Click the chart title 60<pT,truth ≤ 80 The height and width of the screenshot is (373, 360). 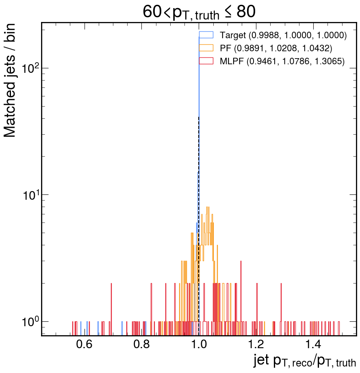[199, 12]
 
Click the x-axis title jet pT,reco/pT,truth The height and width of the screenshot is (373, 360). [305, 361]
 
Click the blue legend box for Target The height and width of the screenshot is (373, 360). [206, 35]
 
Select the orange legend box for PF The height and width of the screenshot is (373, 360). [206, 48]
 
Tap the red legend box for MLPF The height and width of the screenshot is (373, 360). [206, 61]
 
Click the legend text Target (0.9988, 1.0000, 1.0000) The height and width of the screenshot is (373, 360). [283, 35]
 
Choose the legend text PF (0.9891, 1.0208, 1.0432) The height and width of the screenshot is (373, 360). [276, 48]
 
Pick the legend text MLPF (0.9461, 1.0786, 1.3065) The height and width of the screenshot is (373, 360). [282, 61]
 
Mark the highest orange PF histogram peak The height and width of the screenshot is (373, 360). [208, 207]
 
